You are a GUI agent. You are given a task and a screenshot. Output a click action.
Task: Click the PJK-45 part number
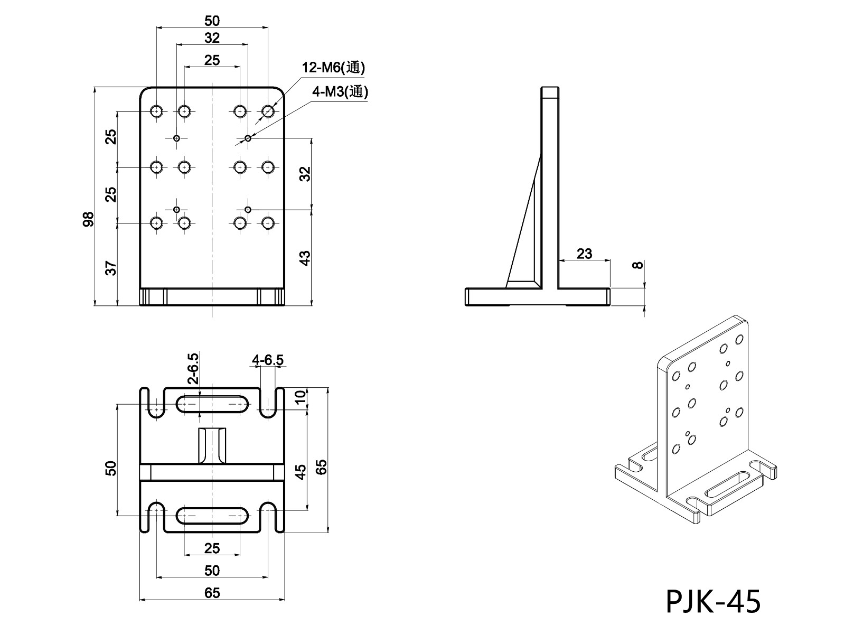(713, 602)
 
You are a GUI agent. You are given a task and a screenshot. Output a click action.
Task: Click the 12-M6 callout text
(333, 68)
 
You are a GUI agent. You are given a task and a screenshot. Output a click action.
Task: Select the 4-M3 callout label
(340, 92)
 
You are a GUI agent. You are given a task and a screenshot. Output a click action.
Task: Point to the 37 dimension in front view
(111, 268)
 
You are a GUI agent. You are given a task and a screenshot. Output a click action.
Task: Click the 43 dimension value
(305, 258)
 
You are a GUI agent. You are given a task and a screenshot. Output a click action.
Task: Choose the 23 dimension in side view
(584, 254)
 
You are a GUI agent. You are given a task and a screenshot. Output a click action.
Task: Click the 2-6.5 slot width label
(193, 368)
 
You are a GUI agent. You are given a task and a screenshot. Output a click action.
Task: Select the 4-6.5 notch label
(268, 360)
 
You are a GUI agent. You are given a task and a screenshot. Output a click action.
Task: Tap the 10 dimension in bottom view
(300, 397)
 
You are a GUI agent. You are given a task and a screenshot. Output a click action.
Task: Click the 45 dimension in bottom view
(300, 471)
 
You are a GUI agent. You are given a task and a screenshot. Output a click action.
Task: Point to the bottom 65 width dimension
(212, 593)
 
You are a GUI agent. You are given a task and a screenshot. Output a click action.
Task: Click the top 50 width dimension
(212, 21)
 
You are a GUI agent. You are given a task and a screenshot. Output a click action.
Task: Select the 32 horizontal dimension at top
(212, 38)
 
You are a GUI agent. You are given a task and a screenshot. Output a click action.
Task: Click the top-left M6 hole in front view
(156, 111)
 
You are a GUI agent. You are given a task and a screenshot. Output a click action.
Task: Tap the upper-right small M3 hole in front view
(248, 138)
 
